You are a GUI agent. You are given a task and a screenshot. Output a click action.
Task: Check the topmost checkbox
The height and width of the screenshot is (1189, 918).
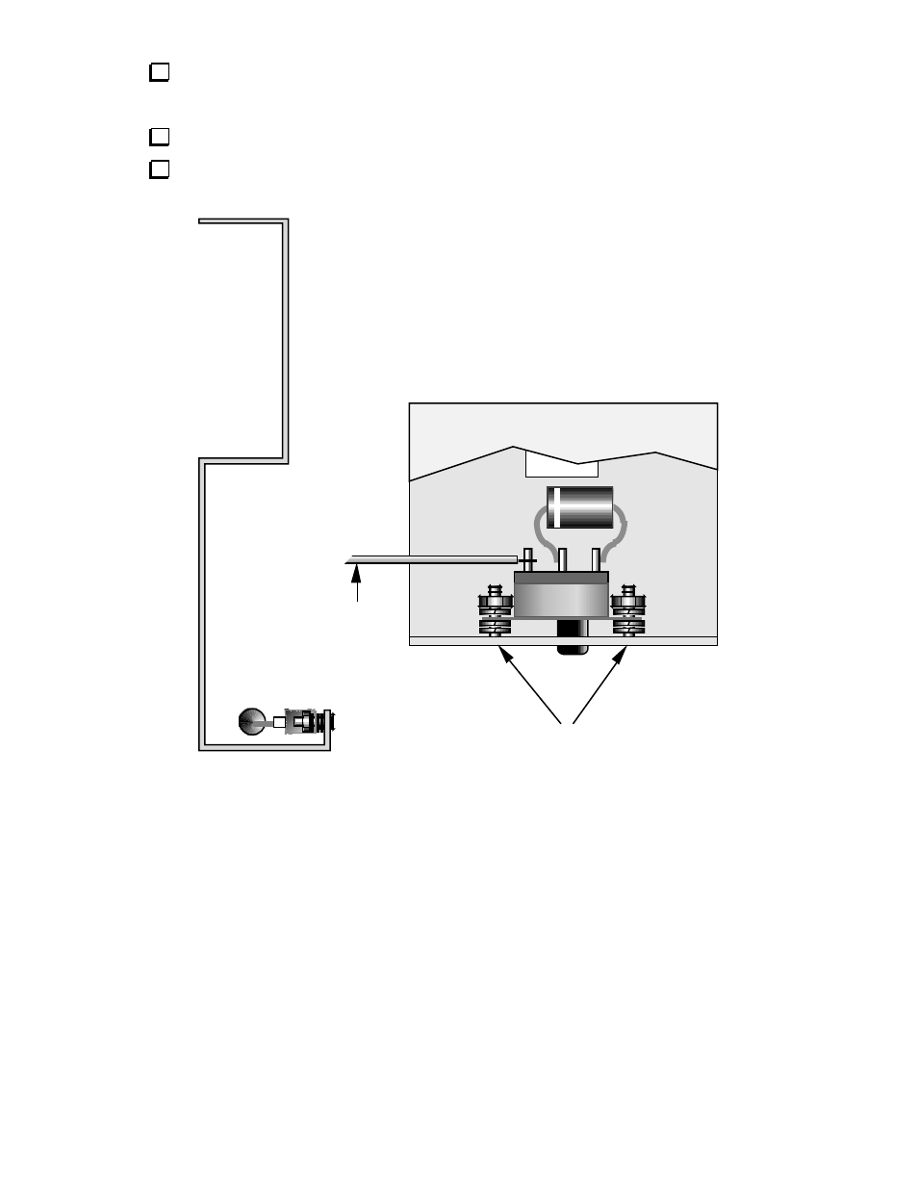point(160,72)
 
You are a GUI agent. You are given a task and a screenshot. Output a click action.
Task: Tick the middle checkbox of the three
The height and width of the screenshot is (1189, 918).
point(160,137)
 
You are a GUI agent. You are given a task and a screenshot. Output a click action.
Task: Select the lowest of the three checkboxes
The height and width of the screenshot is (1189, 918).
point(160,169)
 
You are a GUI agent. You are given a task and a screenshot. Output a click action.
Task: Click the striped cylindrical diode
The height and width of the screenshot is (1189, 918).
point(580,506)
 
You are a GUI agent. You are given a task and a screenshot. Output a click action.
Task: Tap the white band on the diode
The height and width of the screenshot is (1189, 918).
point(556,506)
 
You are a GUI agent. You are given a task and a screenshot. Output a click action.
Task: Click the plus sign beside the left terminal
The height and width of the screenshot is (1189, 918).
point(527,558)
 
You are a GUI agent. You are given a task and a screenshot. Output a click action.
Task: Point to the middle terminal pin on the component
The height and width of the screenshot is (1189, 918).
point(563,558)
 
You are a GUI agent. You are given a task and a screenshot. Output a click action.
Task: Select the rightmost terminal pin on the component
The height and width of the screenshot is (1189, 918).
point(597,558)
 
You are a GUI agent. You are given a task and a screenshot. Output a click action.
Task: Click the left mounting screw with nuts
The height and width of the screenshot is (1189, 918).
point(495,611)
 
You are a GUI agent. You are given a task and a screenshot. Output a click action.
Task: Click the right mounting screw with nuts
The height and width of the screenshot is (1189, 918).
point(628,611)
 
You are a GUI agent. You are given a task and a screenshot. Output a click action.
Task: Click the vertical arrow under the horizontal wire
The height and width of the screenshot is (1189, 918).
point(357,583)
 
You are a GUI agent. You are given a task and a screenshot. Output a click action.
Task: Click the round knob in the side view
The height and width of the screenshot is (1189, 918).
point(252,721)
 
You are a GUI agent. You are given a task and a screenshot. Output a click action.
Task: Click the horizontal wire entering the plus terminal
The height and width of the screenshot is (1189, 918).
point(433,558)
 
